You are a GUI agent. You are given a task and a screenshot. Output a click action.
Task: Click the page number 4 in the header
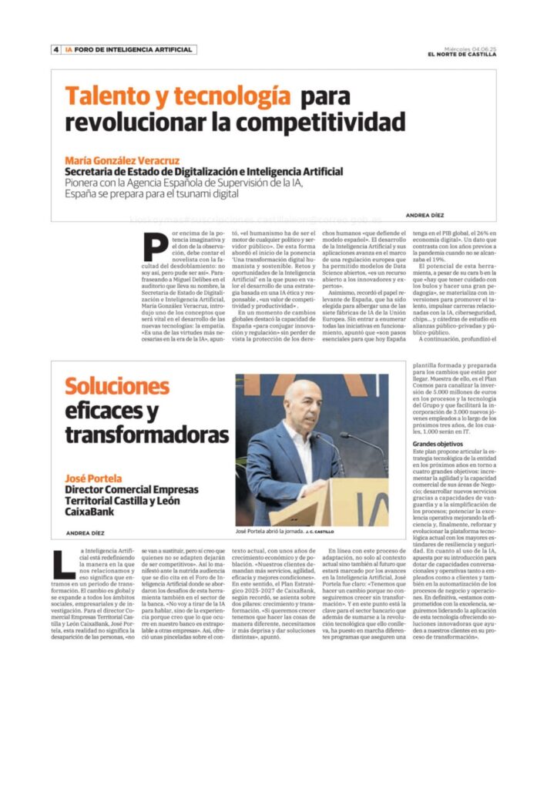pyautogui.click(x=56, y=50)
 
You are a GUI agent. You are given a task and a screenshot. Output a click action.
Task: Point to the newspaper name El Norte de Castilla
pyautogui.click(x=463, y=54)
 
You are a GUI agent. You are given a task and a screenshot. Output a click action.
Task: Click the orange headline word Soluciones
pyautogui.click(x=117, y=386)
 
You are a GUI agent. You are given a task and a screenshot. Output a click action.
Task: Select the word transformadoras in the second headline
pyautogui.click(x=137, y=435)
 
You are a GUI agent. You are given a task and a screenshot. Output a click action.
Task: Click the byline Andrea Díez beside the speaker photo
pyautogui.click(x=84, y=532)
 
